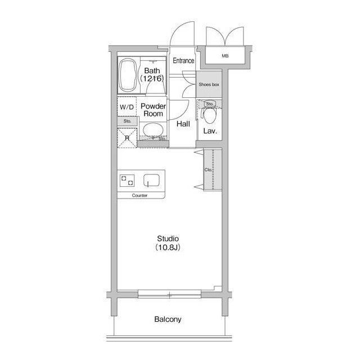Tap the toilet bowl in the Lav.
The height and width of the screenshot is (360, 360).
[209, 115]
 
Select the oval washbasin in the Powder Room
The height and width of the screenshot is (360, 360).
[153, 130]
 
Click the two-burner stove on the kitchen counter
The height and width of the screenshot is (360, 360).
[127, 181]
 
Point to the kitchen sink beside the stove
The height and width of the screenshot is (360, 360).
[151, 180]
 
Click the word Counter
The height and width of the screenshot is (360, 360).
[139, 195]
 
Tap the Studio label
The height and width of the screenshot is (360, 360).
[168, 238]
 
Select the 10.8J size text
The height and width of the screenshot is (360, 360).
[168, 247]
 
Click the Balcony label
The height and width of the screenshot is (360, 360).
[168, 319]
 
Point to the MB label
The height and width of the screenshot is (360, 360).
[225, 56]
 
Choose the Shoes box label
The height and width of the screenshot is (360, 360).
[209, 84]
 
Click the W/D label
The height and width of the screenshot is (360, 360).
[127, 107]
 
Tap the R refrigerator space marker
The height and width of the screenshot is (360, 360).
[127, 138]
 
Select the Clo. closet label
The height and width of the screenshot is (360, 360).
[208, 170]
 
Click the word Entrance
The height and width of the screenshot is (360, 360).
[183, 61]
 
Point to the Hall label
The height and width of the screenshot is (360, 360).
[183, 124]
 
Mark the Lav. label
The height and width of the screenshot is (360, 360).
[210, 131]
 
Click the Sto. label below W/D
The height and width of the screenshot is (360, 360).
[128, 121]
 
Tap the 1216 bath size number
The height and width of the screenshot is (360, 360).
[152, 79]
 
